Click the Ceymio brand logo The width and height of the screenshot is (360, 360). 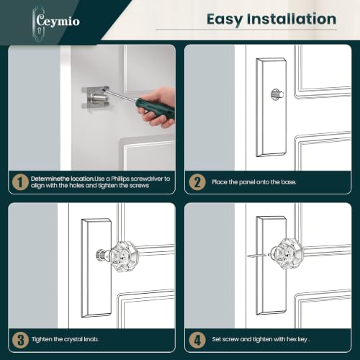56,22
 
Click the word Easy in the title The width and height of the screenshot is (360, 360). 225,19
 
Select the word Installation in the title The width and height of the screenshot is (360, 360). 292,19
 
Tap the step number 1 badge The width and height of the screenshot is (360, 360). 20,182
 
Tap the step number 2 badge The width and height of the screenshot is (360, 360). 197,182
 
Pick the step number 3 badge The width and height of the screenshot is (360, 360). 20,340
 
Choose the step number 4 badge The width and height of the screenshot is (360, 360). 197,340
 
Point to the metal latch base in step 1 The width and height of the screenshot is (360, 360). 95,98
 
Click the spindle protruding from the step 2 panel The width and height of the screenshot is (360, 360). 278,94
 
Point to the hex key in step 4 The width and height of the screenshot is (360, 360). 257,256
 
